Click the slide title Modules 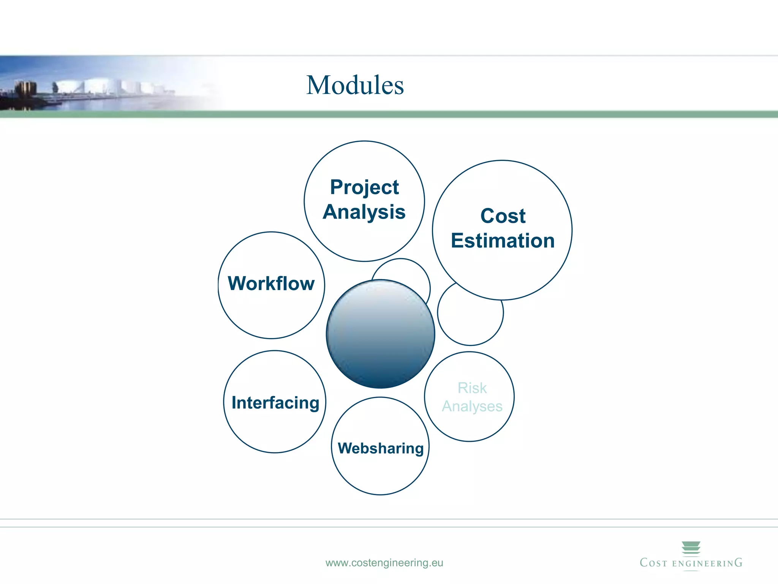[x=355, y=85]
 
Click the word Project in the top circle [x=364, y=187]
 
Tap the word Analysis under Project [x=364, y=212]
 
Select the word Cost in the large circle [x=503, y=216]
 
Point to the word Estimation [x=503, y=241]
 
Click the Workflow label [x=271, y=284]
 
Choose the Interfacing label [x=275, y=403]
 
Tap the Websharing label [x=381, y=448]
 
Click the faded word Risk [x=472, y=388]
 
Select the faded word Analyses [x=472, y=406]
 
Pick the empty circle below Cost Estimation [x=470, y=321]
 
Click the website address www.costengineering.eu [x=384, y=563]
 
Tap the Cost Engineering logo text [x=691, y=563]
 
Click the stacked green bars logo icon [x=691, y=548]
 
